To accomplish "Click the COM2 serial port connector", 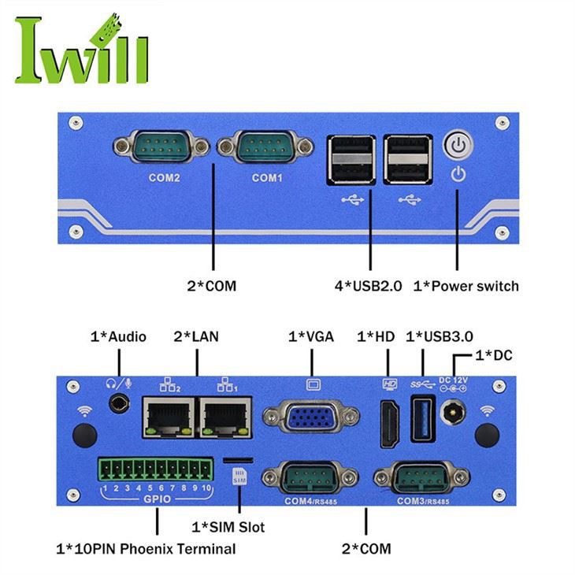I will click(x=161, y=147).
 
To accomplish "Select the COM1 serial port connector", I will click(x=266, y=147).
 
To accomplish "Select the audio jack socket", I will click(x=119, y=404).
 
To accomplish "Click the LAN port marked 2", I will click(x=168, y=416).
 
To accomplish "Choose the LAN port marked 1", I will click(x=226, y=416).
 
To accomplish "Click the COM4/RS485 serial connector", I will click(x=309, y=477).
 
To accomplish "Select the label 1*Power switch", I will click(x=466, y=285).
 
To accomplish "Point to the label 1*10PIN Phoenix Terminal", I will click(x=146, y=548).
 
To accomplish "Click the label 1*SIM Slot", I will click(x=229, y=526).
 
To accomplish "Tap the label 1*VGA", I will click(x=311, y=336).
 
